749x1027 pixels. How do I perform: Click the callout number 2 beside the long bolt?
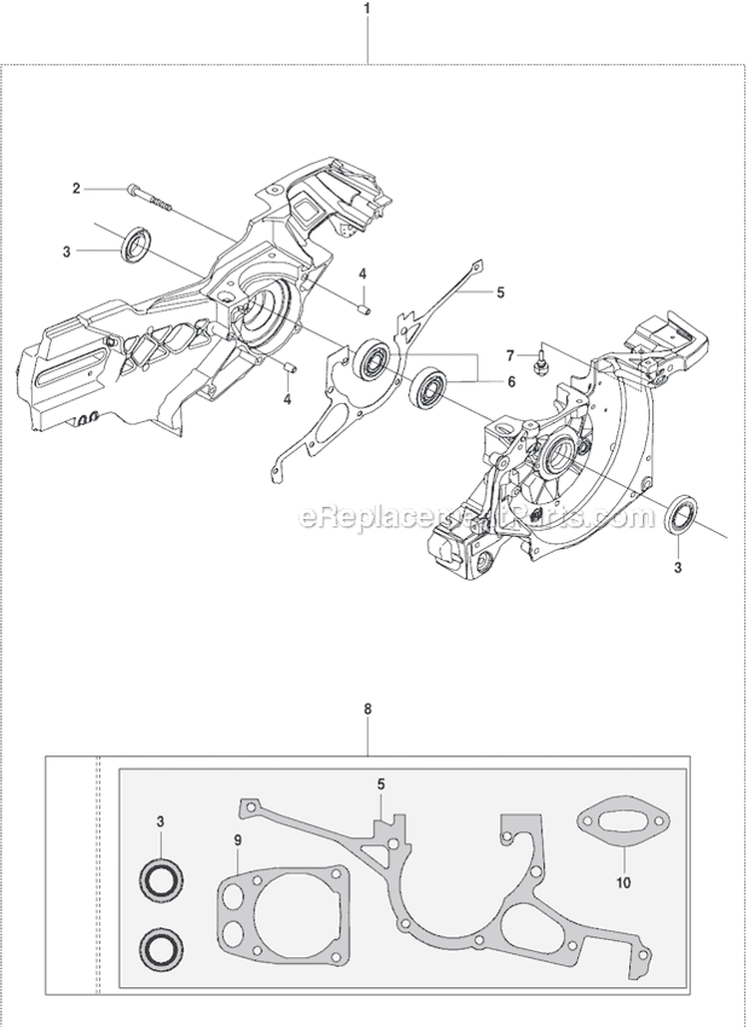point(75,188)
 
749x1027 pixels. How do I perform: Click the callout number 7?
point(509,355)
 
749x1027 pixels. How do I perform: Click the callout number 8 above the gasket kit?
point(368,710)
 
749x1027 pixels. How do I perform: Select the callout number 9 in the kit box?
point(238,840)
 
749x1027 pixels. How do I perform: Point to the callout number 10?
point(624,881)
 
